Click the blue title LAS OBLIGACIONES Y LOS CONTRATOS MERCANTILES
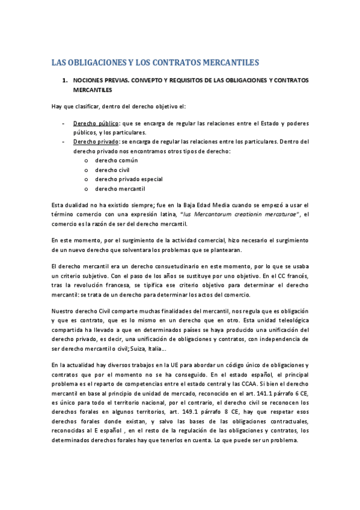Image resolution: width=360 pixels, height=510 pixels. (154, 62)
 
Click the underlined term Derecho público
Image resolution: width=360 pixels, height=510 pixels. (92, 123)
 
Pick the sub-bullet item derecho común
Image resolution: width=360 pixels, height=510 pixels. (116, 161)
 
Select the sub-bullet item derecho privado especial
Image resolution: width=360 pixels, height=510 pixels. (129, 179)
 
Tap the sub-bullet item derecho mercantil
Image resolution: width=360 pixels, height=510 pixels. (120, 189)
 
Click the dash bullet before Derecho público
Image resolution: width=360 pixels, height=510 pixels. (64, 123)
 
